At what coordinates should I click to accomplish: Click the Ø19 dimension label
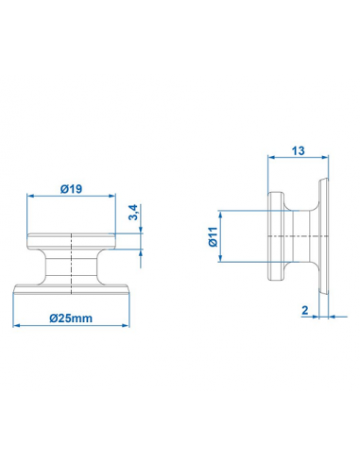[x=70, y=189]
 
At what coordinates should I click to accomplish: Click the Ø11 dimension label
[x=213, y=236]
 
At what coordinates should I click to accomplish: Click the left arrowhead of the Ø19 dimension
[x=30, y=197]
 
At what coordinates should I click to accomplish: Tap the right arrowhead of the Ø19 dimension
[x=110, y=197]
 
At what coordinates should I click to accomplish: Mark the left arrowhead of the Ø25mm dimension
[x=16, y=327]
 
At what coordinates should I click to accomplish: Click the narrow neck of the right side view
[x=300, y=236]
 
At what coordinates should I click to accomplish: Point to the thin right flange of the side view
[x=323, y=236]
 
